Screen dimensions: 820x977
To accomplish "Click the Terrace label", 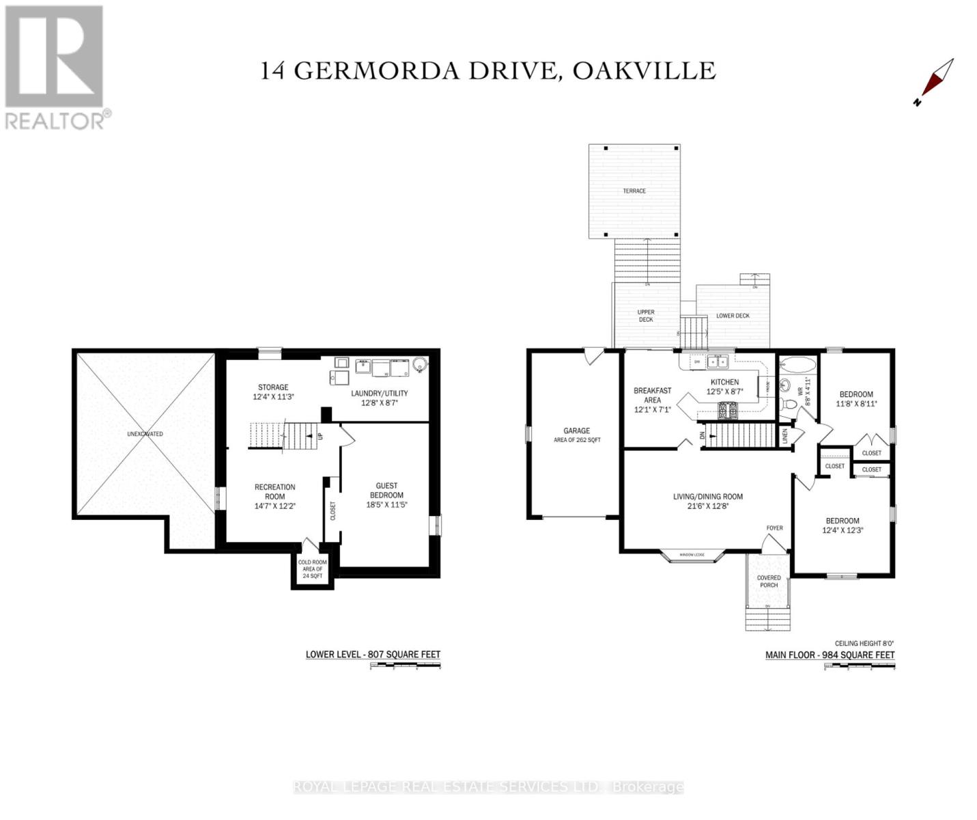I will (634, 191).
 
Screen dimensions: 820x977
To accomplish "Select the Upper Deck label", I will (646, 316).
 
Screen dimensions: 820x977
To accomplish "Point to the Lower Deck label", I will (733, 316).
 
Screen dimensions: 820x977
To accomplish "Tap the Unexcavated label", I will (145, 434).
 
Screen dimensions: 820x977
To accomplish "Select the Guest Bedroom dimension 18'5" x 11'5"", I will (386, 505).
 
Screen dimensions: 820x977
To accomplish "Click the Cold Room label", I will (313, 569).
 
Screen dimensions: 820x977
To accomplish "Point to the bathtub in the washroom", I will (797, 364).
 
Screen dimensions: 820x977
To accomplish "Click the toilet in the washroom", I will (789, 405).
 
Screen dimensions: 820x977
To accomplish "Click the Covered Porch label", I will (769, 581).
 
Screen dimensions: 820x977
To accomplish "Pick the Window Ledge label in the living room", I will (692, 554).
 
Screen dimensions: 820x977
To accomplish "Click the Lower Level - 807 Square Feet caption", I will (373, 654).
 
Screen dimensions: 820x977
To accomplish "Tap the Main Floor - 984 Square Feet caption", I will (830, 655).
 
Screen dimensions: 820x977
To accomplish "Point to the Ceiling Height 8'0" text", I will (864, 643).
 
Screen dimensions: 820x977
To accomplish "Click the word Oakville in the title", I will (644, 71).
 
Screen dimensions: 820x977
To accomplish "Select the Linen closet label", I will (785, 435).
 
